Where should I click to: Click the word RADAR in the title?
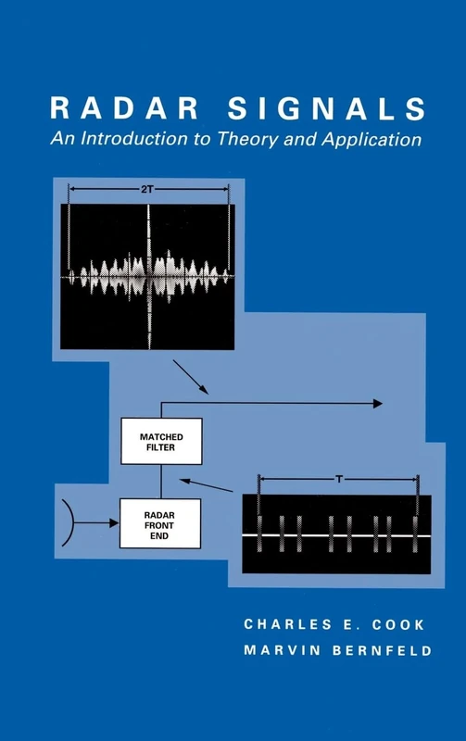[129, 110]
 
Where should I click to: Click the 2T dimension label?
[149, 188]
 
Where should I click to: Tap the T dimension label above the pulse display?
[340, 479]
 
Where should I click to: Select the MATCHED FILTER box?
[161, 441]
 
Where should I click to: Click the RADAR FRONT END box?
[161, 522]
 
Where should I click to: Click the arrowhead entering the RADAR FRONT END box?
[116, 523]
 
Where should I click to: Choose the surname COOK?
[400, 624]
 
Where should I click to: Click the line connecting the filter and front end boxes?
[162, 482]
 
